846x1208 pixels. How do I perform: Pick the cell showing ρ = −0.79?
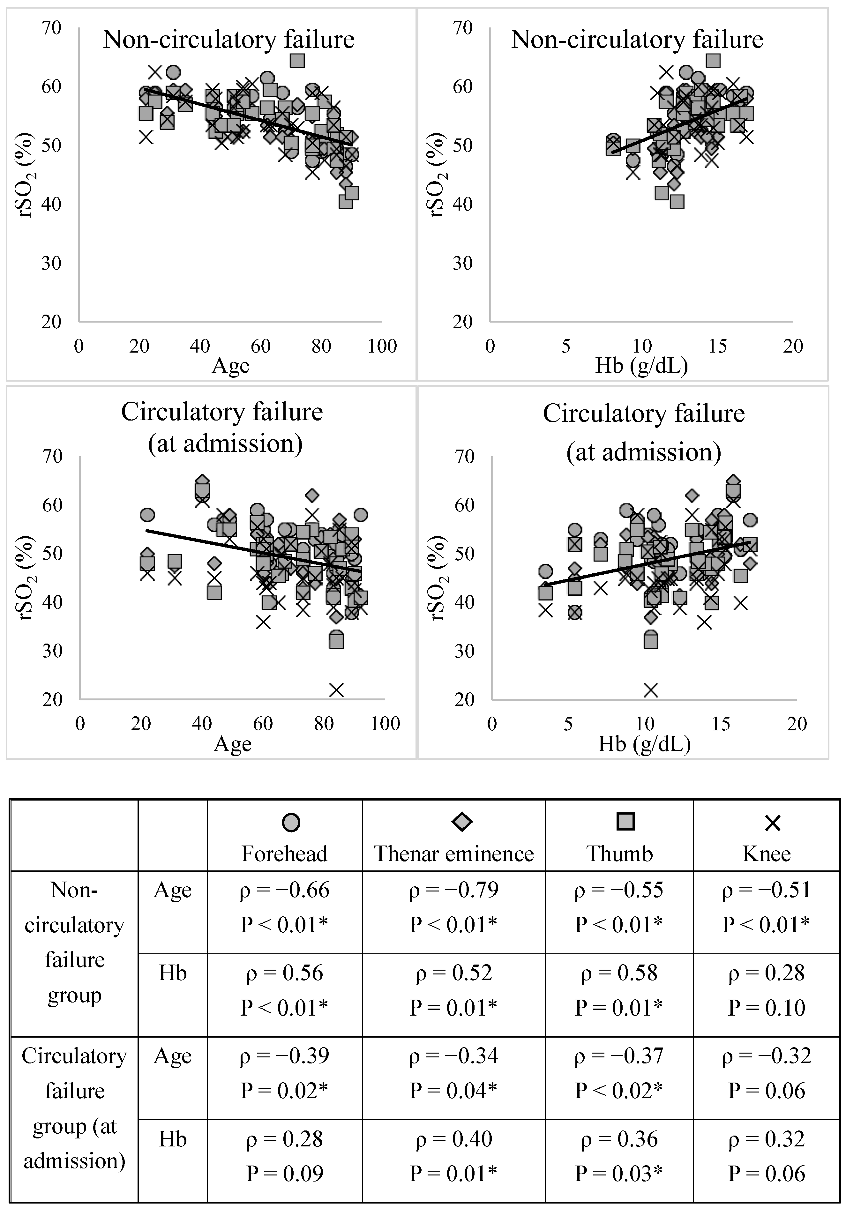tap(453, 906)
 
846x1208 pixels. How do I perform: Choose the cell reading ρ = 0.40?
tap(453, 1155)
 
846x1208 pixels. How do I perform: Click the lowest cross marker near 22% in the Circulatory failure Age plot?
tap(336, 690)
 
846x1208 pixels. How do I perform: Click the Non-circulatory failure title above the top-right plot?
tap(637, 40)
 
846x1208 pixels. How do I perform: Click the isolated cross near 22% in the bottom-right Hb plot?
tap(651, 690)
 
